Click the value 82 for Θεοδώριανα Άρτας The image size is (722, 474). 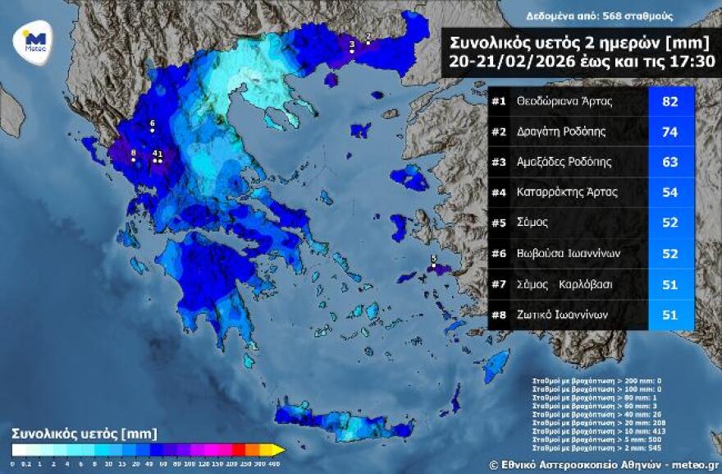[x=669, y=103]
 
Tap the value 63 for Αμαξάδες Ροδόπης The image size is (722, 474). [x=669, y=163]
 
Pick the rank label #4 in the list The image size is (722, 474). [x=498, y=193]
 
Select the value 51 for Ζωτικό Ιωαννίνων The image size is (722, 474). [x=669, y=314]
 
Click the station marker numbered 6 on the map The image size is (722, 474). [x=153, y=131]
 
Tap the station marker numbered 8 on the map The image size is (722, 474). [x=133, y=159]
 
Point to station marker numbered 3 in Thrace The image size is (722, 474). [x=352, y=51]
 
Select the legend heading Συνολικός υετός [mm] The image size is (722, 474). [x=85, y=433]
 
